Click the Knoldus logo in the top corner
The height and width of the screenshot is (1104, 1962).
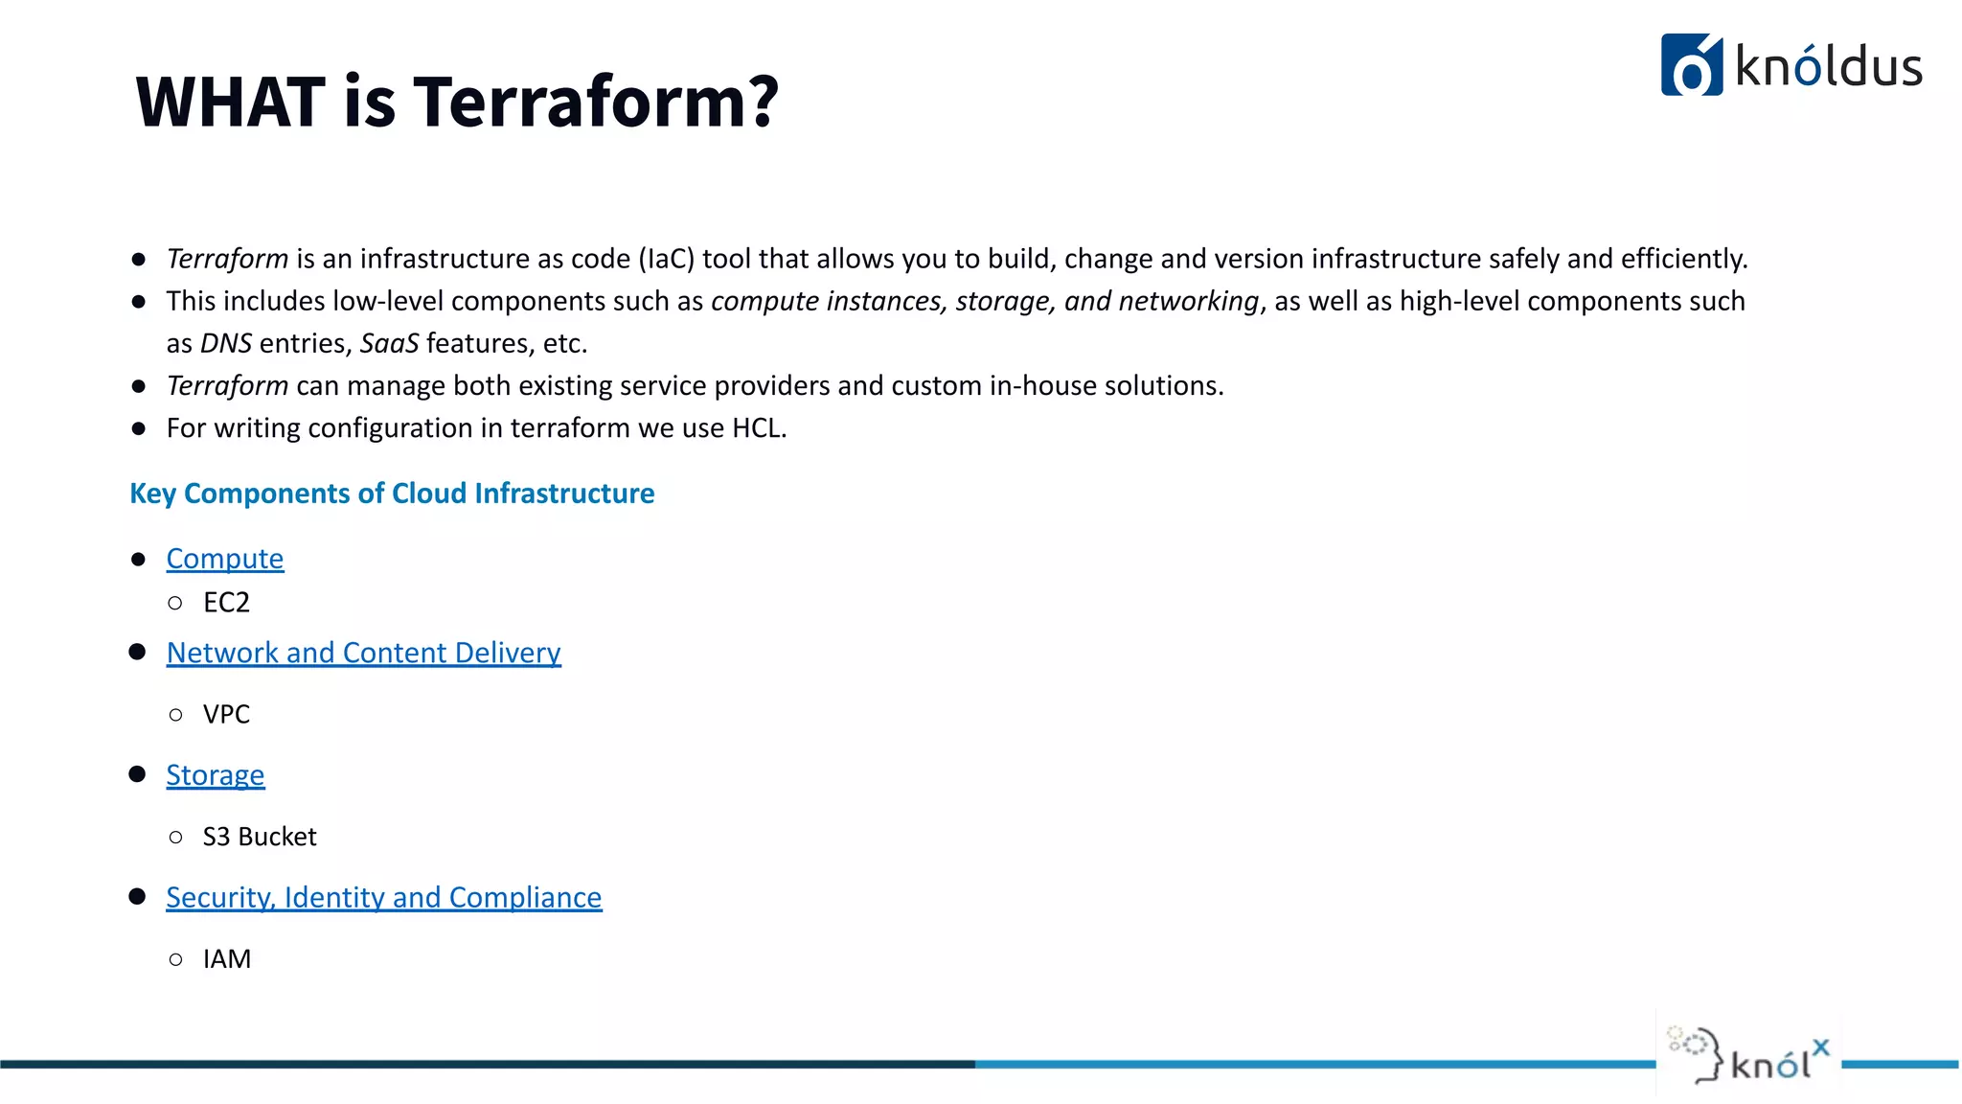click(1791, 65)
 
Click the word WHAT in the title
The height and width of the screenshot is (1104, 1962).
click(231, 102)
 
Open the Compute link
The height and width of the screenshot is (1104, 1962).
click(225, 559)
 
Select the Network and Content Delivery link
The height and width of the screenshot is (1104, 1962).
click(363, 653)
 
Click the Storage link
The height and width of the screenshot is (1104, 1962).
click(216, 775)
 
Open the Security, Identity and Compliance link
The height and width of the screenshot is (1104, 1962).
click(383, 898)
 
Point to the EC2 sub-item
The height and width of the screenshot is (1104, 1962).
click(226, 603)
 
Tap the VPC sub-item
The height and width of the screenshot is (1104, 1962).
click(226, 715)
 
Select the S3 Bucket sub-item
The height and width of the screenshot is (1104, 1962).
click(260, 838)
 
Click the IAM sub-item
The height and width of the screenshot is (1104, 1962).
click(227, 959)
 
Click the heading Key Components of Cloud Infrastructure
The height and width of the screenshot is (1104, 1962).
click(392, 494)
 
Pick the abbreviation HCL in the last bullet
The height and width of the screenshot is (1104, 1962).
click(758, 428)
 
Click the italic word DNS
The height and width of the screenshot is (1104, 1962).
click(226, 344)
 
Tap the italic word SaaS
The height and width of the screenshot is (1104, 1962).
click(389, 344)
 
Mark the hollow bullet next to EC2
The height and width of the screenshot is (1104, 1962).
click(175, 603)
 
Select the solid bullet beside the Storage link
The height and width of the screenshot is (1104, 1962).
click(138, 774)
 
